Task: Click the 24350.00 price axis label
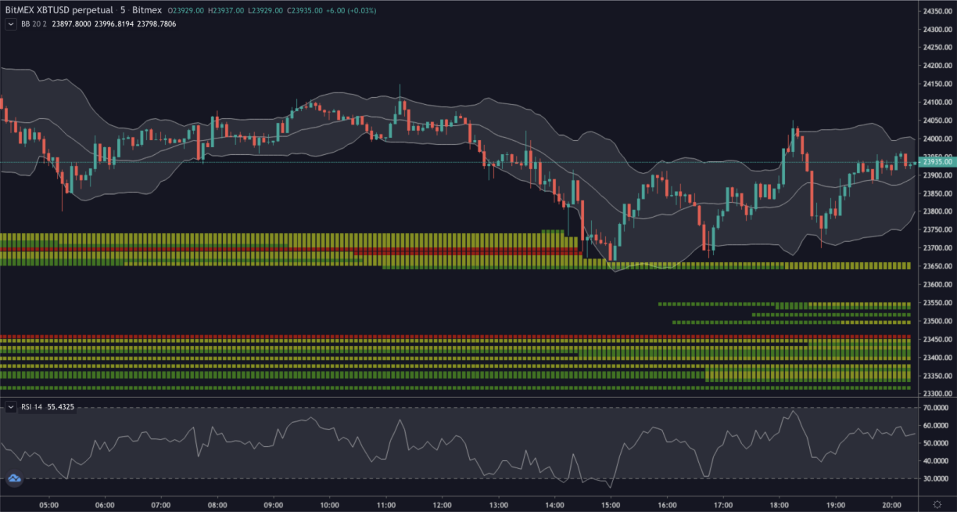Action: [x=937, y=12]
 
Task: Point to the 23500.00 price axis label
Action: [x=937, y=321]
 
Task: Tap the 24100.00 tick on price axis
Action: [x=937, y=103]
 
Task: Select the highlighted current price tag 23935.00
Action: [x=937, y=162]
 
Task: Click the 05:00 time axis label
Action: [x=48, y=505]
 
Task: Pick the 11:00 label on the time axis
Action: [x=385, y=505]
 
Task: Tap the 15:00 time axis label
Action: [x=611, y=505]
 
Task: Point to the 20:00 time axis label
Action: [x=892, y=505]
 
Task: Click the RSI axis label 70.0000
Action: [x=937, y=408]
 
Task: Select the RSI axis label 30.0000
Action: [x=937, y=478]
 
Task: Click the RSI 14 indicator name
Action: [x=32, y=407]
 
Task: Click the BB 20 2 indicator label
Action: [x=34, y=24]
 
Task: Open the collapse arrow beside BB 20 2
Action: [x=11, y=24]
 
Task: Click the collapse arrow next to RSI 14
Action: [x=11, y=407]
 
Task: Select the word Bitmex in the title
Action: [x=147, y=10]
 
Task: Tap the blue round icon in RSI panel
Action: [x=14, y=479]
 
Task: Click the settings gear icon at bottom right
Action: [x=937, y=503]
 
